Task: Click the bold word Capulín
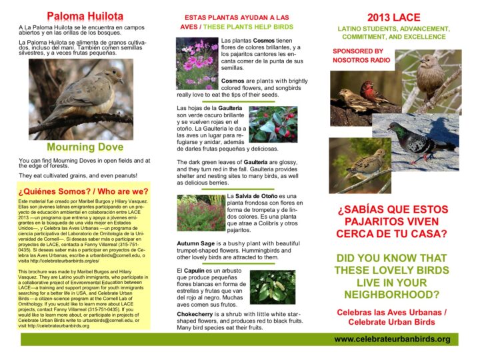(x=199, y=271)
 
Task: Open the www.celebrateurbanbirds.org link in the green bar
(x=392, y=339)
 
